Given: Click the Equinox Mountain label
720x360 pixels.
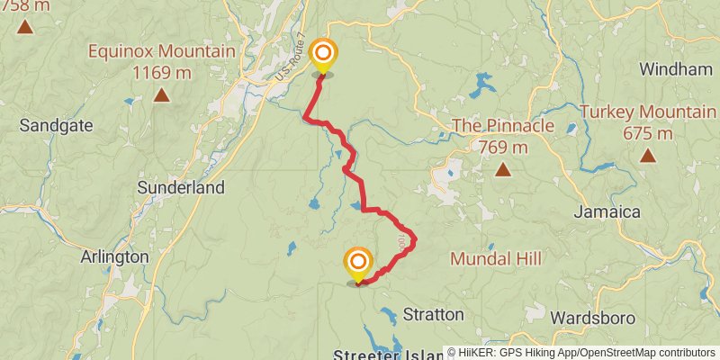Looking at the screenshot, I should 161,51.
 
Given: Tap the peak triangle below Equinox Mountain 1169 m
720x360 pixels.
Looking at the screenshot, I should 161,94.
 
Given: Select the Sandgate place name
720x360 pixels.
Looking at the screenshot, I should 56,125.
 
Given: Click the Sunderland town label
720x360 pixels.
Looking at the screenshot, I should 180,188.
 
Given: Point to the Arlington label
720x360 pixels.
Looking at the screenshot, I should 114,256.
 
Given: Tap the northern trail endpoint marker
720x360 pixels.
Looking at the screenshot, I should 322,55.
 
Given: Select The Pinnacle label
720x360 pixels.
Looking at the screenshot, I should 502,125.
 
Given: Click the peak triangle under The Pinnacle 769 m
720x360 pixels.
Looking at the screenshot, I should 502,169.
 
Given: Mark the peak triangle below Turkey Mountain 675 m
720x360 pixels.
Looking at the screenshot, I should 647,156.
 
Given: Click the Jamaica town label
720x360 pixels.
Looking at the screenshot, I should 607,212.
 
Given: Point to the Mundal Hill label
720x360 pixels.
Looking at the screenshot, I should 496,259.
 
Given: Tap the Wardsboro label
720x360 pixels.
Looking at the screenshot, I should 593,318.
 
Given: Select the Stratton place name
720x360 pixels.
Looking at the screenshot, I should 433,315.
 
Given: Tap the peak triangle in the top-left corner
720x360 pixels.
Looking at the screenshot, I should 24,26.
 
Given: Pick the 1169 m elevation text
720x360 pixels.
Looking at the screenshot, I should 161,72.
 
